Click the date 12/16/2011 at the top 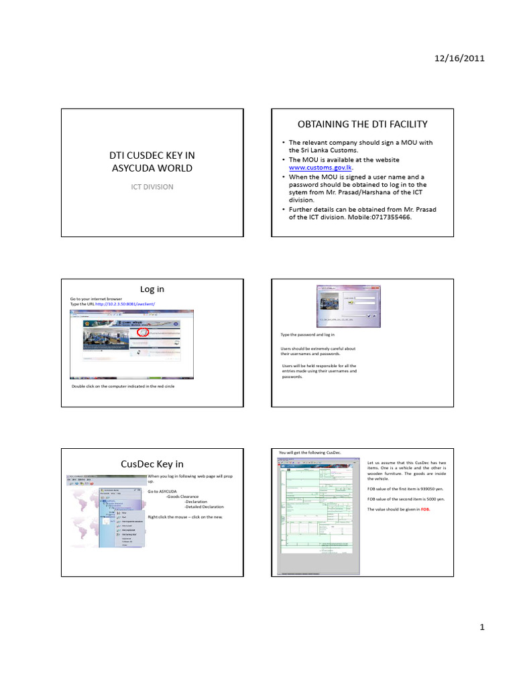point(461,58)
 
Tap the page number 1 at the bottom point(481,628)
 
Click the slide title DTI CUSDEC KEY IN point(152,155)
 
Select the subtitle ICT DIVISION point(152,186)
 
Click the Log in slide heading point(152,289)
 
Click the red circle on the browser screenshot point(142,331)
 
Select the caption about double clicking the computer point(123,387)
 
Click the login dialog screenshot point(347,307)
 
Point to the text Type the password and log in point(308,334)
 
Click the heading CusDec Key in point(152,464)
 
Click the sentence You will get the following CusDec point(309,454)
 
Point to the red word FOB point(424,510)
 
